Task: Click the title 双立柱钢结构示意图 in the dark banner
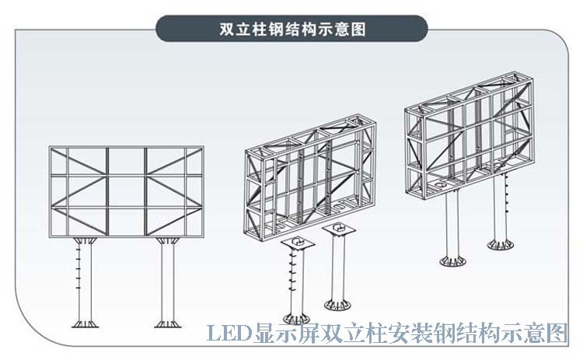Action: [292, 29]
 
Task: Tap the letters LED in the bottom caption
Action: [225, 335]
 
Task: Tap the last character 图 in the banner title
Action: [358, 29]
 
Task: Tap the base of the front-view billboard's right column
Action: [167, 321]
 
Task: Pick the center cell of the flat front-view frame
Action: [125, 189]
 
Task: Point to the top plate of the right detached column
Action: [339, 229]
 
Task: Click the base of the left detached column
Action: [297, 316]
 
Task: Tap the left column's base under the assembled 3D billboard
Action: [452, 259]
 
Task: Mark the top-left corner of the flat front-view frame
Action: [50, 146]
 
